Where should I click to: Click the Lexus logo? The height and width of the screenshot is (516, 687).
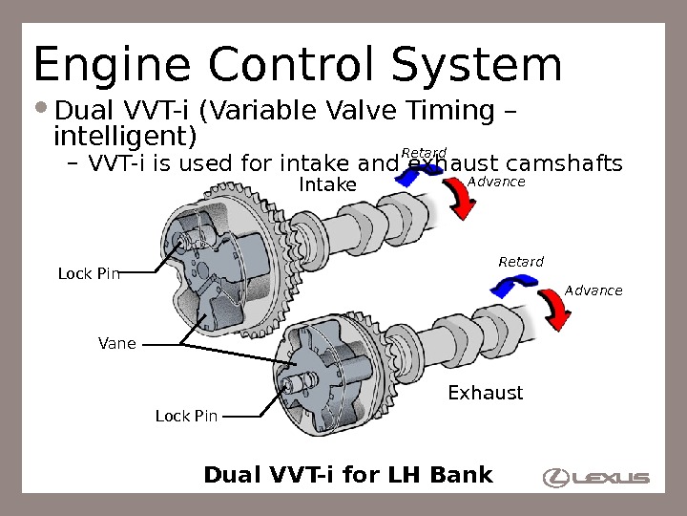click(x=596, y=477)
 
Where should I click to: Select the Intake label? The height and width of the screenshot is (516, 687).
click(x=327, y=183)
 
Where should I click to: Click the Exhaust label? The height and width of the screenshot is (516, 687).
click(x=486, y=393)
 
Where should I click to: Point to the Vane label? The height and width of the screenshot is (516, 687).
click(x=117, y=343)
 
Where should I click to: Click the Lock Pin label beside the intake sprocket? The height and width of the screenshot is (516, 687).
click(x=89, y=274)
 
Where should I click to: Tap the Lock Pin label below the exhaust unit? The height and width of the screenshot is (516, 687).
click(x=186, y=416)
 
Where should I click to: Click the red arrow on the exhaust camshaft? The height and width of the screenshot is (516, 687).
click(x=553, y=308)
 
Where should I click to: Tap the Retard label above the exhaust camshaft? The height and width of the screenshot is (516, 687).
click(x=521, y=262)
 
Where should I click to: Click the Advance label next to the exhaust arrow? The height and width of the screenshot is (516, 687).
click(x=593, y=290)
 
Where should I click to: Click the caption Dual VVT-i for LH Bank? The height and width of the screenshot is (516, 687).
click(x=348, y=474)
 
